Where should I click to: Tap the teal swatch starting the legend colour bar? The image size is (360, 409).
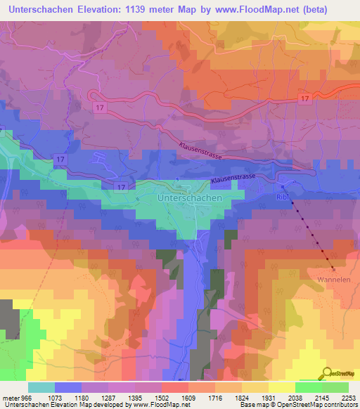coord(41,387)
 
